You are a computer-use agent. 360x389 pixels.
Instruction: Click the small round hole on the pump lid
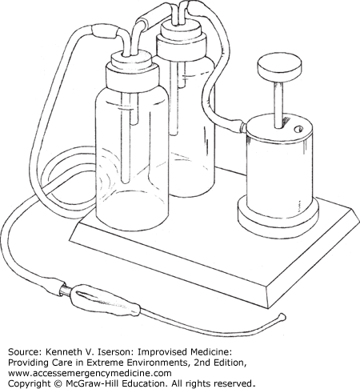[298, 130]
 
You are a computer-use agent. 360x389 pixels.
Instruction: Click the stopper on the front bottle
[132, 70]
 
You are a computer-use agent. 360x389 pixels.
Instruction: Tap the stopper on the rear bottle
[182, 39]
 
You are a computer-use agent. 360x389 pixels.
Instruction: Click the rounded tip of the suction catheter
[282, 317]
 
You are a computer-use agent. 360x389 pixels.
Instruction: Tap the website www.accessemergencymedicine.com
[90, 373]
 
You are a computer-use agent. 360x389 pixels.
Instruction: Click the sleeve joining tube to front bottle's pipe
[105, 30]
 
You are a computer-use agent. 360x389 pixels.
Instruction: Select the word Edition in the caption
[228, 363]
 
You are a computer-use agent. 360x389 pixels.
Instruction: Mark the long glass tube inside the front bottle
[125, 138]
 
